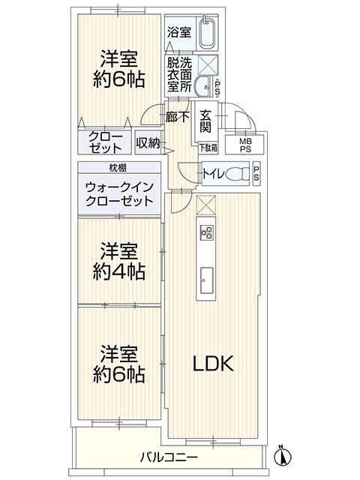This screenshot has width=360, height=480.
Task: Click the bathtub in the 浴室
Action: tap(208, 33)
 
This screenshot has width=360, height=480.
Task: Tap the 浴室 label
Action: tap(179, 32)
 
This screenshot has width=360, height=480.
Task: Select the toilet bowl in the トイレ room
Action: tap(238, 173)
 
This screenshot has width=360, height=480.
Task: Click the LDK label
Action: tap(213, 363)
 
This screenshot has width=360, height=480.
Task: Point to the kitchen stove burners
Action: tap(206, 232)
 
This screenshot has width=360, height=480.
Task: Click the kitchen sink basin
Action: tap(207, 280)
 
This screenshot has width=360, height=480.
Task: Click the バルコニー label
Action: tap(169, 457)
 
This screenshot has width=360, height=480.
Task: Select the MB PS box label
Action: tap(245, 145)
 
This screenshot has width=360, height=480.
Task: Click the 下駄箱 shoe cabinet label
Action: tap(208, 148)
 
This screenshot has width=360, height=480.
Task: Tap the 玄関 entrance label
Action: tap(205, 121)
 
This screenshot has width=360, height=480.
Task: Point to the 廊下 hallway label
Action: tap(178, 117)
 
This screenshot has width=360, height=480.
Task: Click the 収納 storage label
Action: tap(148, 142)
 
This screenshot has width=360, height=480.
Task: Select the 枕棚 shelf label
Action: tap(118, 168)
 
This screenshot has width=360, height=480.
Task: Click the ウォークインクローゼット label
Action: tap(119, 194)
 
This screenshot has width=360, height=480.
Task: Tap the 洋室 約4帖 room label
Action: tap(118, 261)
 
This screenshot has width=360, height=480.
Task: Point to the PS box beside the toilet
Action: tap(256, 173)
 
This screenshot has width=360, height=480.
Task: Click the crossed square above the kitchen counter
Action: tap(205, 205)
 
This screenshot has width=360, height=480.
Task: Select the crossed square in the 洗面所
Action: tap(208, 64)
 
